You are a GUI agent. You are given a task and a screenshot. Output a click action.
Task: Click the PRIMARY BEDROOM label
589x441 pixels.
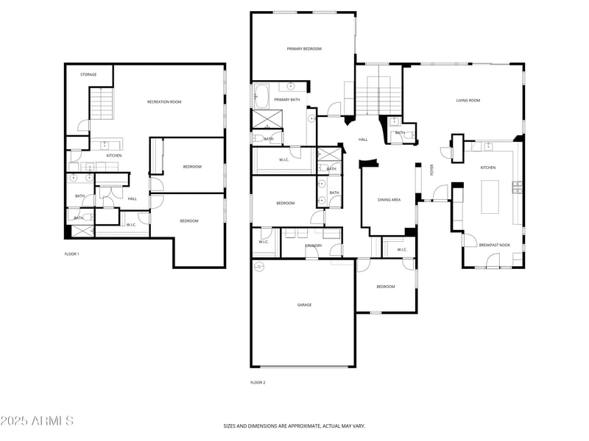point(304,49)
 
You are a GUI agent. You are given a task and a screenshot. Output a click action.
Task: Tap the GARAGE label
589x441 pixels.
point(304,305)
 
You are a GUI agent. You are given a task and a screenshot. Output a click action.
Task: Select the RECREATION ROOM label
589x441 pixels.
point(164,102)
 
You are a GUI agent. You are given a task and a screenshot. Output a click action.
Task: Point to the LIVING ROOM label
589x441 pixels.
point(468,101)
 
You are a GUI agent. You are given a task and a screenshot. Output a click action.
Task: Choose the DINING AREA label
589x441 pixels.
point(389,200)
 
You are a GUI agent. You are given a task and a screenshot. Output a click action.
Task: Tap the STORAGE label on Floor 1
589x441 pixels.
point(88,75)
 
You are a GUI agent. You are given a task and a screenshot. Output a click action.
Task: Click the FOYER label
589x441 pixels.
point(432,170)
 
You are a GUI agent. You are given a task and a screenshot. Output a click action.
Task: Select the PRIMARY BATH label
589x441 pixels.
point(286,100)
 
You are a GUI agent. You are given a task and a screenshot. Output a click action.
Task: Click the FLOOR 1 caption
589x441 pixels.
point(71,254)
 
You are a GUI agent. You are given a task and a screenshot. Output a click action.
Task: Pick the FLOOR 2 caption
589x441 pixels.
point(258,382)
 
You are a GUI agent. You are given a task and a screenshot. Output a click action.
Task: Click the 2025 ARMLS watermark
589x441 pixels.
point(37,421)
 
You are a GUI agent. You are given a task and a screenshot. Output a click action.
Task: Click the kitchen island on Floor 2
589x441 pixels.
point(490,197)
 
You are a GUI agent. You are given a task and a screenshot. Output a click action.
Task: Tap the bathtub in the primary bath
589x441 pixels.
point(262,96)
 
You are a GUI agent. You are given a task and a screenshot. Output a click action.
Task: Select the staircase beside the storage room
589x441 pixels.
point(102,103)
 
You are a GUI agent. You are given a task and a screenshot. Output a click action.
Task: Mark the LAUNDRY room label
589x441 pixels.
point(311,245)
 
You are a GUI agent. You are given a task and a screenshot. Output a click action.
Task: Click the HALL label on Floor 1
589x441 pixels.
point(132,199)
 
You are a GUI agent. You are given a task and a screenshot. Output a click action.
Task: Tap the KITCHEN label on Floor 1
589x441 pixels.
point(114,156)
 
